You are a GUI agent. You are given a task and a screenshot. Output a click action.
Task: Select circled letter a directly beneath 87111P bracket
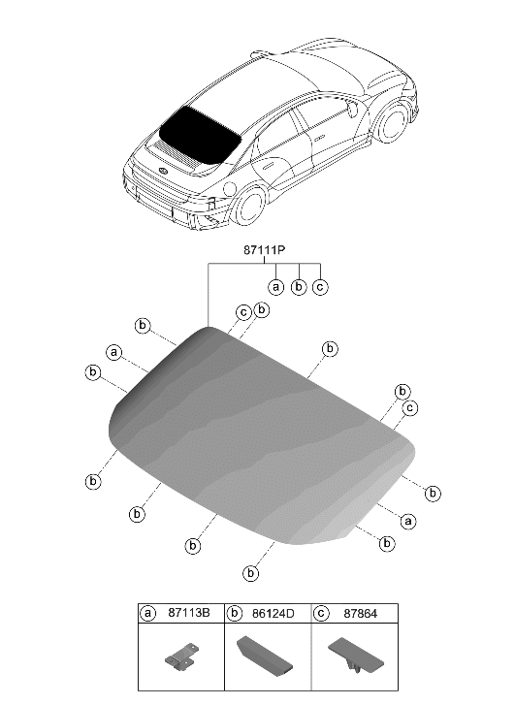tap(276, 287)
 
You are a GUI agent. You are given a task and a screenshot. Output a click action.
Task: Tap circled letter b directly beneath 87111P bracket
tap(299, 287)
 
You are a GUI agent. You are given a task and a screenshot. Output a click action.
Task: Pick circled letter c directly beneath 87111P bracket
tap(320, 287)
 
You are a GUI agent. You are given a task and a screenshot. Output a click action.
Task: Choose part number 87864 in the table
tap(356, 614)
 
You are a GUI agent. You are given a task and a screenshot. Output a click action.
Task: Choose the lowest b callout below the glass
tap(252, 573)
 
